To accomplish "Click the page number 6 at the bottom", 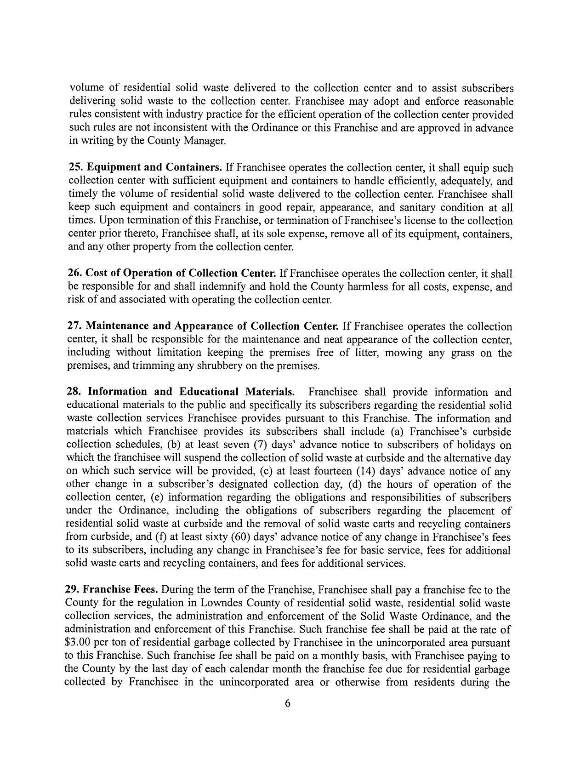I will [288, 703].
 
